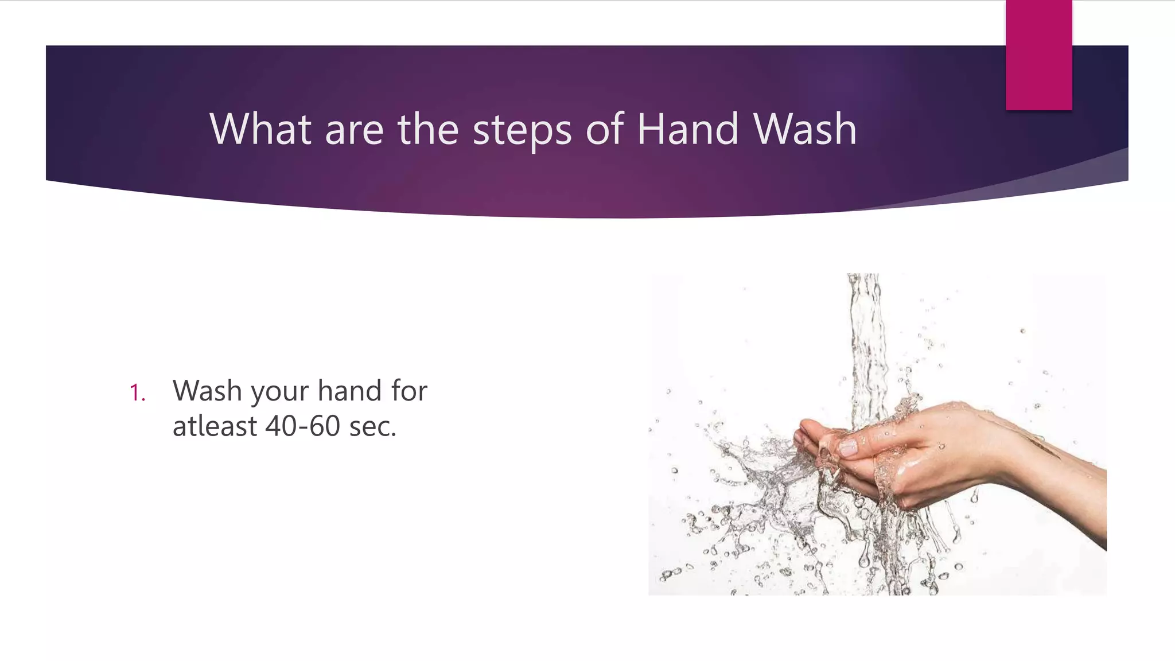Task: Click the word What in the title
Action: coord(260,129)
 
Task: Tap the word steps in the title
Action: coord(522,130)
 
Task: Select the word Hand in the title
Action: coord(687,129)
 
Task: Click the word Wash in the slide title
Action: coord(805,129)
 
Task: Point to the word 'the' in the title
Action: coord(427,129)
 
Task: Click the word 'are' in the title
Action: coord(354,130)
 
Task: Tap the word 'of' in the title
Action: coord(604,129)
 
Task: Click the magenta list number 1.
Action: coord(137,393)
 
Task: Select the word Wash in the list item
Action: coord(207,391)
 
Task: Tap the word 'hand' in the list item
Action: coord(349,391)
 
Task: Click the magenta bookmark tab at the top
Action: coord(1038,55)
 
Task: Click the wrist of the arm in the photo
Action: coord(1010,459)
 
